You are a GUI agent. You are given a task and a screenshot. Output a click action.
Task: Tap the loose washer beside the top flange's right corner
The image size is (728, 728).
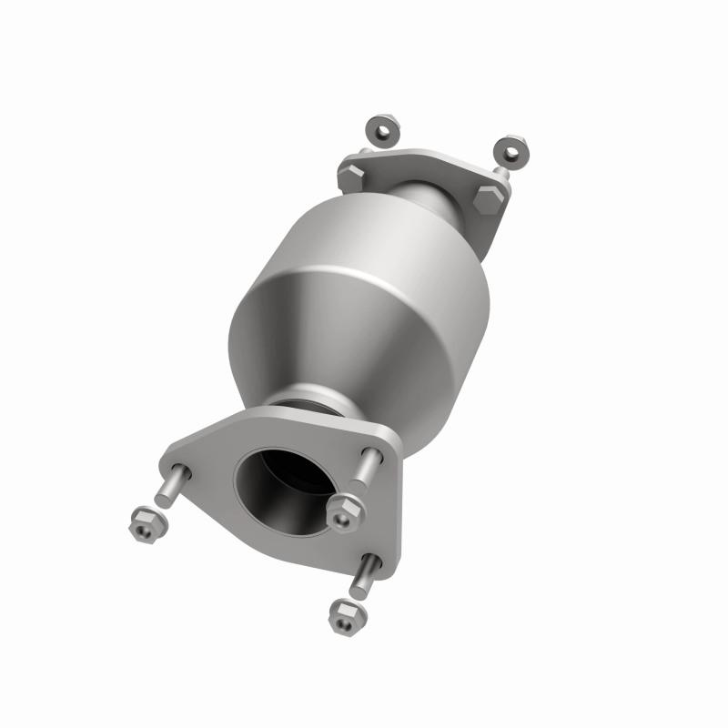(x=512, y=148)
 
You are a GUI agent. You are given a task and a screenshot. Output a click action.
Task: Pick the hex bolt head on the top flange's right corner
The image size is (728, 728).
(x=488, y=196)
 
